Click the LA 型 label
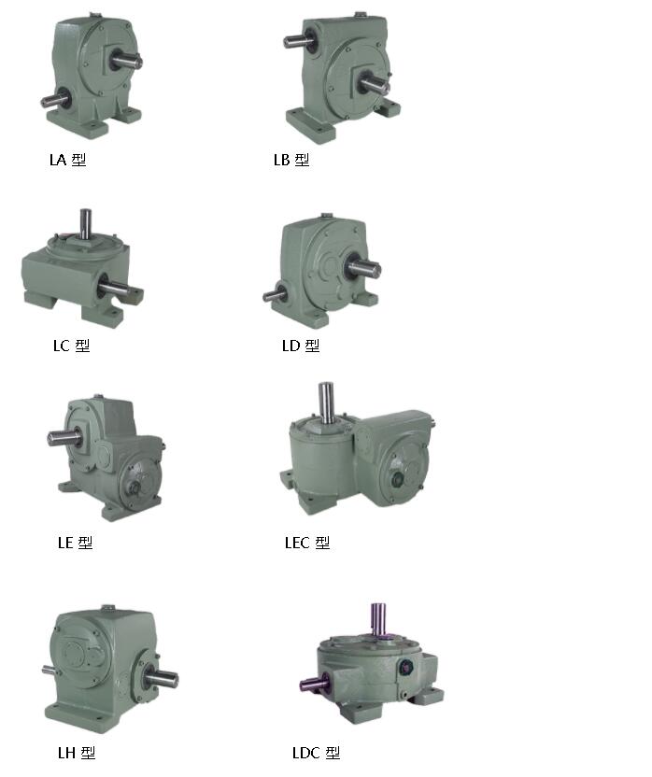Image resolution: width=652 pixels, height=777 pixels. (68, 160)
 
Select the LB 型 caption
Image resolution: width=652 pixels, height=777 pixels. (291, 160)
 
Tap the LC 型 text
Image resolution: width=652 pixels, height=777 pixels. (71, 346)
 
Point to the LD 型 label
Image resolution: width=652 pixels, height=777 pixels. (301, 346)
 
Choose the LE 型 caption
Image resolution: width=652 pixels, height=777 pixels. (75, 543)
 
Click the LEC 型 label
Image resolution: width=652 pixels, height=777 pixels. (307, 543)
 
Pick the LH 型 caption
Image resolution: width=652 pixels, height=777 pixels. (77, 753)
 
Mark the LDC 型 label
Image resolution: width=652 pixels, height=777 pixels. (317, 753)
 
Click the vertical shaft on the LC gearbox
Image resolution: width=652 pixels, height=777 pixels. (86, 223)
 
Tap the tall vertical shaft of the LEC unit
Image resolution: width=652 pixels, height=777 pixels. (326, 403)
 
